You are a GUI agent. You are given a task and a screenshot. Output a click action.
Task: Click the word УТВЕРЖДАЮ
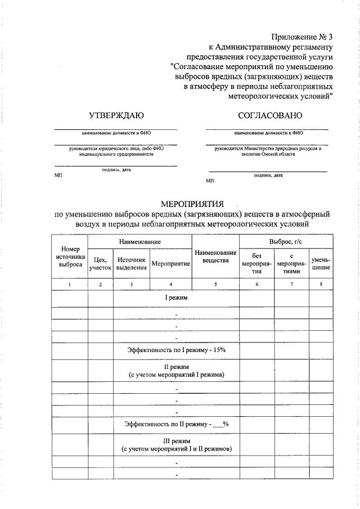(x=116, y=115)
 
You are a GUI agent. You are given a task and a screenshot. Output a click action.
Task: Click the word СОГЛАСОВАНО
(x=270, y=115)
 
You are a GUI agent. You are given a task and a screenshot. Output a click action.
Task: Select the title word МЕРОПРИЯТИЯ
(x=192, y=202)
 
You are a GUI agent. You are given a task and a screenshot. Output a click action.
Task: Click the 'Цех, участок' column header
(x=100, y=264)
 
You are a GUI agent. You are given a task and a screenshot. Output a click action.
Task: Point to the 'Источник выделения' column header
(x=131, y=264)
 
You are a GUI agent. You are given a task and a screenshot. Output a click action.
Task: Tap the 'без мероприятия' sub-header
(x=257, y=263)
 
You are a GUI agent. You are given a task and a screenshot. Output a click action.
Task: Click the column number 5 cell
(x=215, y=285)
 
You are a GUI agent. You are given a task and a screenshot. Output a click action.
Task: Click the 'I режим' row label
(x=176, y=298)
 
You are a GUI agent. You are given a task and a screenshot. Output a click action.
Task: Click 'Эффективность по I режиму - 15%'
(x=176, y=349)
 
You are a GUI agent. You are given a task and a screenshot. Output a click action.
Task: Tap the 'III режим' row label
(x=176, y=440)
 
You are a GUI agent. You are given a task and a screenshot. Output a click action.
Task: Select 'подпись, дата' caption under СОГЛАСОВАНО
(x=268, y=175)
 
